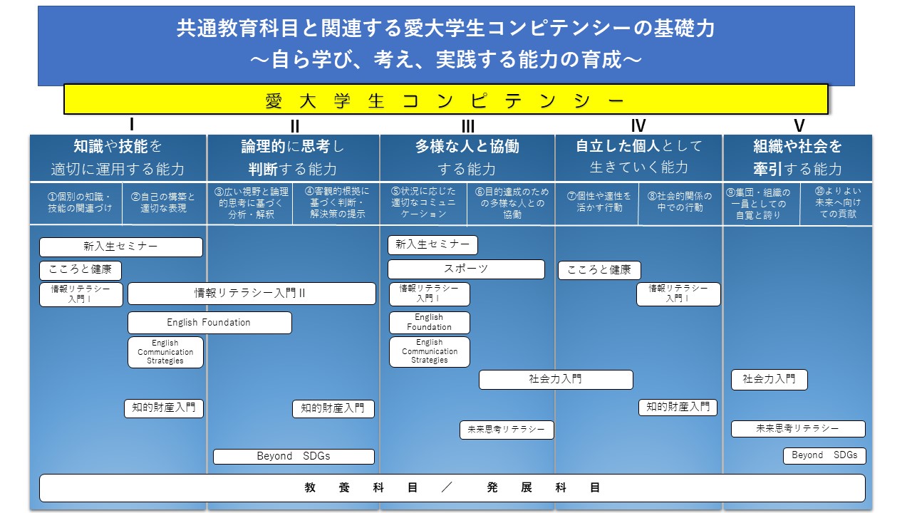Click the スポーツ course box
pos(466,269)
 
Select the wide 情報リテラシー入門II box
pos(252,293)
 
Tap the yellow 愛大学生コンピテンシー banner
pos(446,99)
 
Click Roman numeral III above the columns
pos(468,126)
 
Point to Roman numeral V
pos(799,126)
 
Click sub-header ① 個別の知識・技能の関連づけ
pos(79,203)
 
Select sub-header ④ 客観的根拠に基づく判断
pos(337,202)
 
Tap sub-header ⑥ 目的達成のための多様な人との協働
pos(512,203)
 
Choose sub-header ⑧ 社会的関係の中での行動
pos(680,202)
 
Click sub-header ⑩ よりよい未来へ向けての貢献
pos(837,202)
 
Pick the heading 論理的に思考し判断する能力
pos(293,157)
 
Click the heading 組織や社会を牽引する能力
pos(797,157)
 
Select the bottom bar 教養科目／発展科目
pos(452,488)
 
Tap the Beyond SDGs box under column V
pos(824,455)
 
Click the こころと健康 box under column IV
pos(599,270)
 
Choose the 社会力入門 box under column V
pos(769,380)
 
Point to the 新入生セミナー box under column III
pos(432,244)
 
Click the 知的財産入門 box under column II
pos(333,409)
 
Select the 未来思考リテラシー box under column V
pos(798,429)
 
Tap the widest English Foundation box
pos(209,323)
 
